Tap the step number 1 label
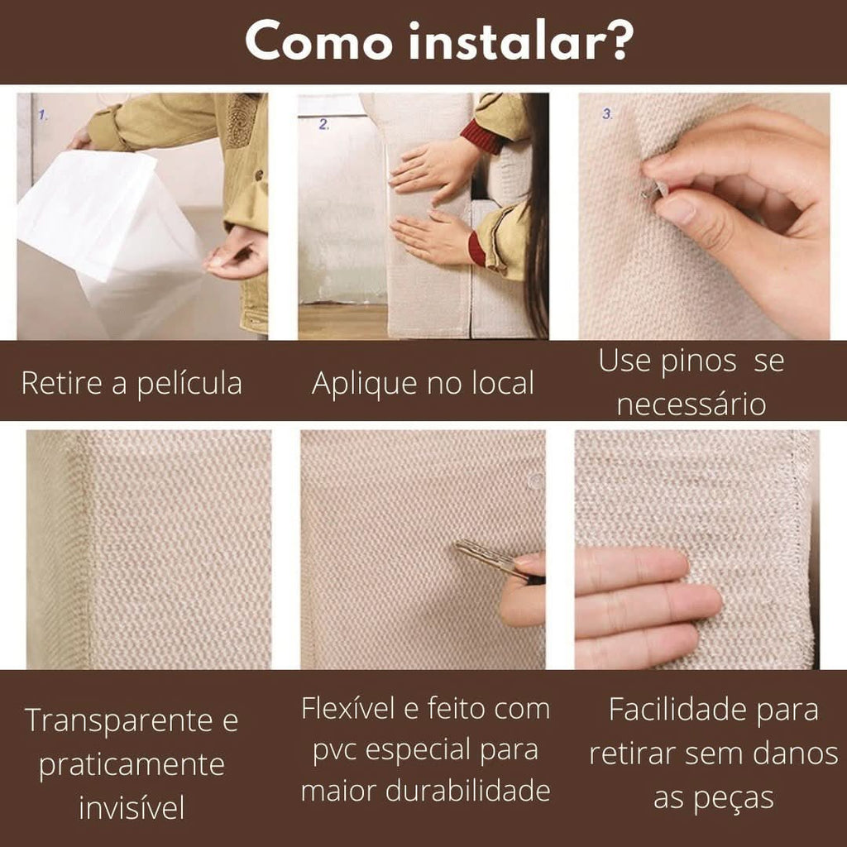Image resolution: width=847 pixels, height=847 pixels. [42, 115]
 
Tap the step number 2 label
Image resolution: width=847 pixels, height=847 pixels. [323, 125]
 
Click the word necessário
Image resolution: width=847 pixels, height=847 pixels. [691, 405]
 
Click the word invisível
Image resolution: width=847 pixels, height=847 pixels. [132, 807]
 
